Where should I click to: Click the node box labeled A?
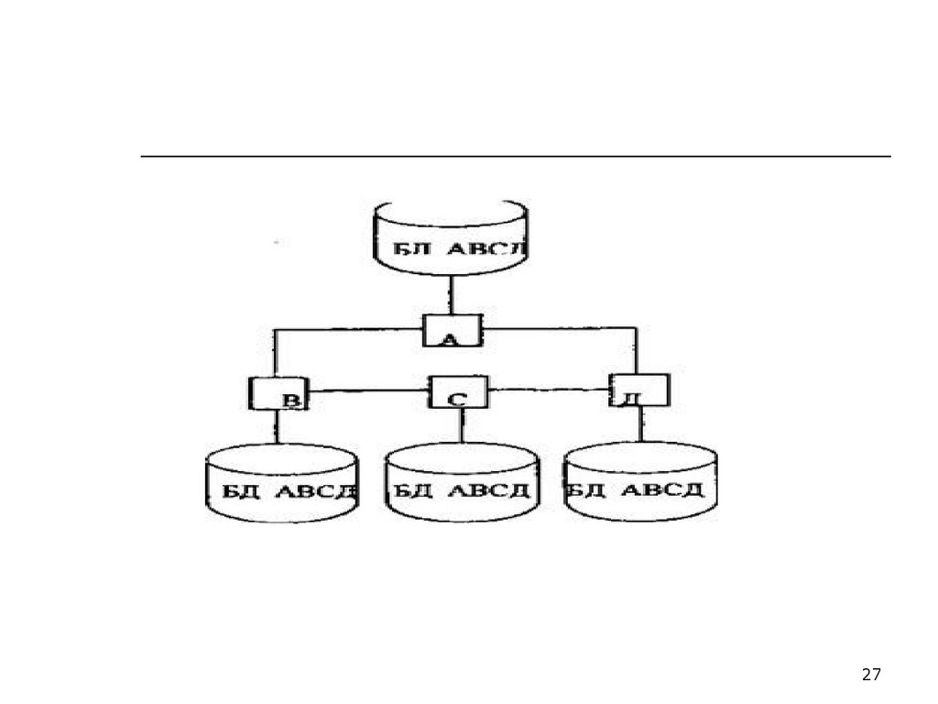pos(452,330)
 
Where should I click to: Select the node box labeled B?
pos(277,393)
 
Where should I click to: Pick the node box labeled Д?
pos(638,390)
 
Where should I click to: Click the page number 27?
pos(871,675)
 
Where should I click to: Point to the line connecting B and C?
pos(368,391)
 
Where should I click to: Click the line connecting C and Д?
pos(549,390)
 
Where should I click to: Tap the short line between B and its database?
pos(277,427)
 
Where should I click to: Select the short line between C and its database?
pos(461,424)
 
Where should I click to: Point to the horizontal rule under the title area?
pos(515,157)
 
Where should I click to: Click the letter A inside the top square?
pos(450,340)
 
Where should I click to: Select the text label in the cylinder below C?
pos(462,490)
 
